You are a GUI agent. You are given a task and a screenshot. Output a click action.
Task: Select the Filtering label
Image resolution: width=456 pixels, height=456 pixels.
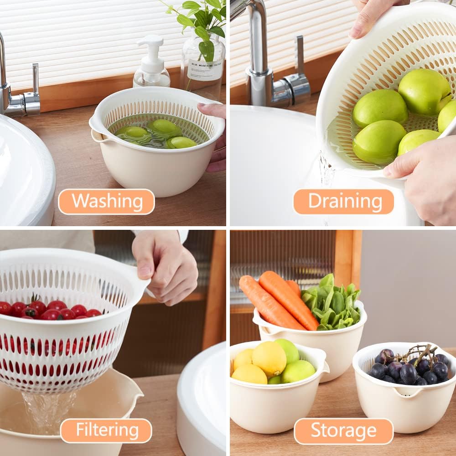[106, 430]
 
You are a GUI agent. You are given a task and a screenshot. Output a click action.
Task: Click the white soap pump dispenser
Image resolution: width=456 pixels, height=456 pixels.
[151, 64]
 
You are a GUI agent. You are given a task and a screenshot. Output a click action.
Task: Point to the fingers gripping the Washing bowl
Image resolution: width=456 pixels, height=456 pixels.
[215, 137]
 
